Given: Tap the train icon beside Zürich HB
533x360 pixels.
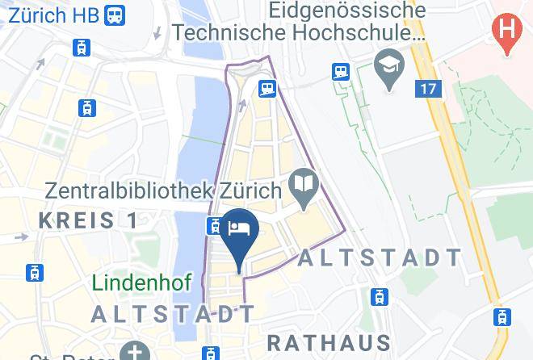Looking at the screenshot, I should (115, 15).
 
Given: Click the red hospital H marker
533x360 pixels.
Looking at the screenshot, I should (506, 31).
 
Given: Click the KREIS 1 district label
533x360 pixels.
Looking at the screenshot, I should (88, 220).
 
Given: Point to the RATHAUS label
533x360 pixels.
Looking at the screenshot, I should (329, 342).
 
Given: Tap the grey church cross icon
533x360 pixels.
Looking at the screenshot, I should (130, 352).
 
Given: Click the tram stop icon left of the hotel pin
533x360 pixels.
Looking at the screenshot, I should (214, 225).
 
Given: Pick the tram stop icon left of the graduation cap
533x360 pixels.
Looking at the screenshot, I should (339, 71).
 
